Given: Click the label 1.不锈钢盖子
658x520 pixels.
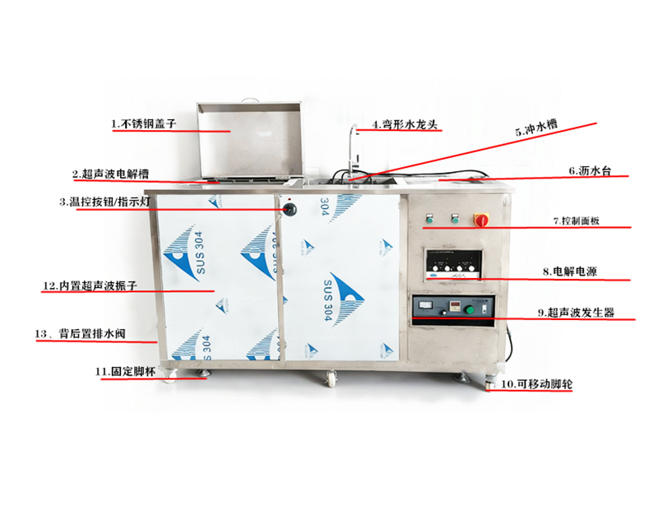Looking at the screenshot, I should [x=144, y=124].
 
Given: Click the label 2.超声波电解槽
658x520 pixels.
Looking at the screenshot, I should [x=110, y=174].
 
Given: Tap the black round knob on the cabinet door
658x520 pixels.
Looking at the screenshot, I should [x=289, y=210].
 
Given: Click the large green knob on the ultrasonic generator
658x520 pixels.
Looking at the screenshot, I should [x=470, y=309].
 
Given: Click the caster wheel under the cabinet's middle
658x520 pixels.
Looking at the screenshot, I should [x=333, y=379].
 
